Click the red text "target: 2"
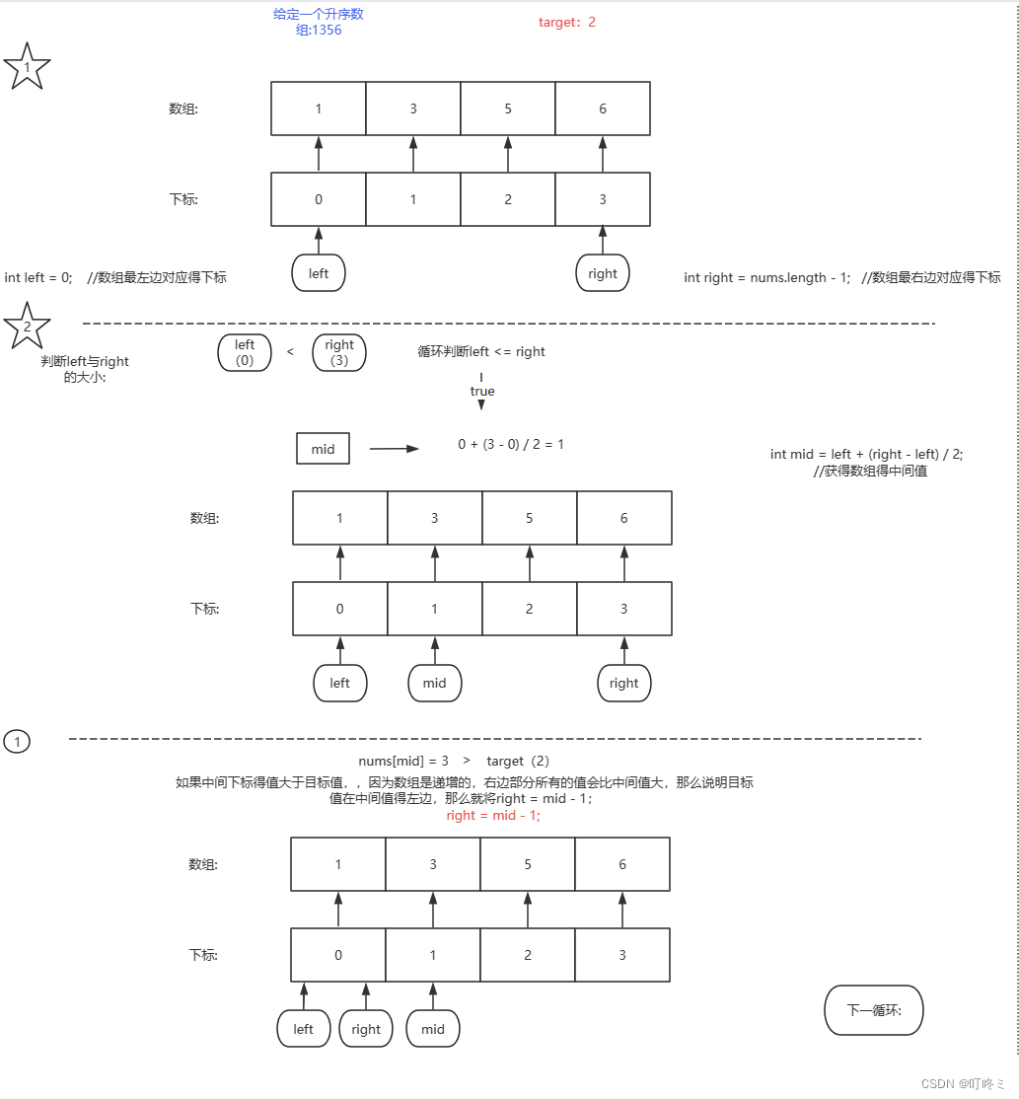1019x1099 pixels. (567, 22)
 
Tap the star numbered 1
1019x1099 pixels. (27, 67)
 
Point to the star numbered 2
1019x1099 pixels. (27, 326)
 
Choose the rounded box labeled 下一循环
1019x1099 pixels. (873, 1009)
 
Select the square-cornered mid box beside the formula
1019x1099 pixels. (323, 449)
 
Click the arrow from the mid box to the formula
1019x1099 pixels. (395, 449)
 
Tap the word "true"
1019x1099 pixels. (482, 392)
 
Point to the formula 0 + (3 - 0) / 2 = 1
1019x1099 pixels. (511, 444)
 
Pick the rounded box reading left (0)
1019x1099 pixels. (245, 352)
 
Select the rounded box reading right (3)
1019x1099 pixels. (338, 352)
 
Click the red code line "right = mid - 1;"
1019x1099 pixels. (493, 816)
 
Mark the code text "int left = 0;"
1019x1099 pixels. (38, 277)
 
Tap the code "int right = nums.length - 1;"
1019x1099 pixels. (766, 277)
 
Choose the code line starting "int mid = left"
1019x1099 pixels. (866, 454)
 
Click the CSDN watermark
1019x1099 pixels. (963, 1083)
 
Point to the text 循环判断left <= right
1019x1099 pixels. (481, 351)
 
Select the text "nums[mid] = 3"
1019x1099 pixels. (403, 761)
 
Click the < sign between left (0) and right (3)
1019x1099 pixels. (290, 351)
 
